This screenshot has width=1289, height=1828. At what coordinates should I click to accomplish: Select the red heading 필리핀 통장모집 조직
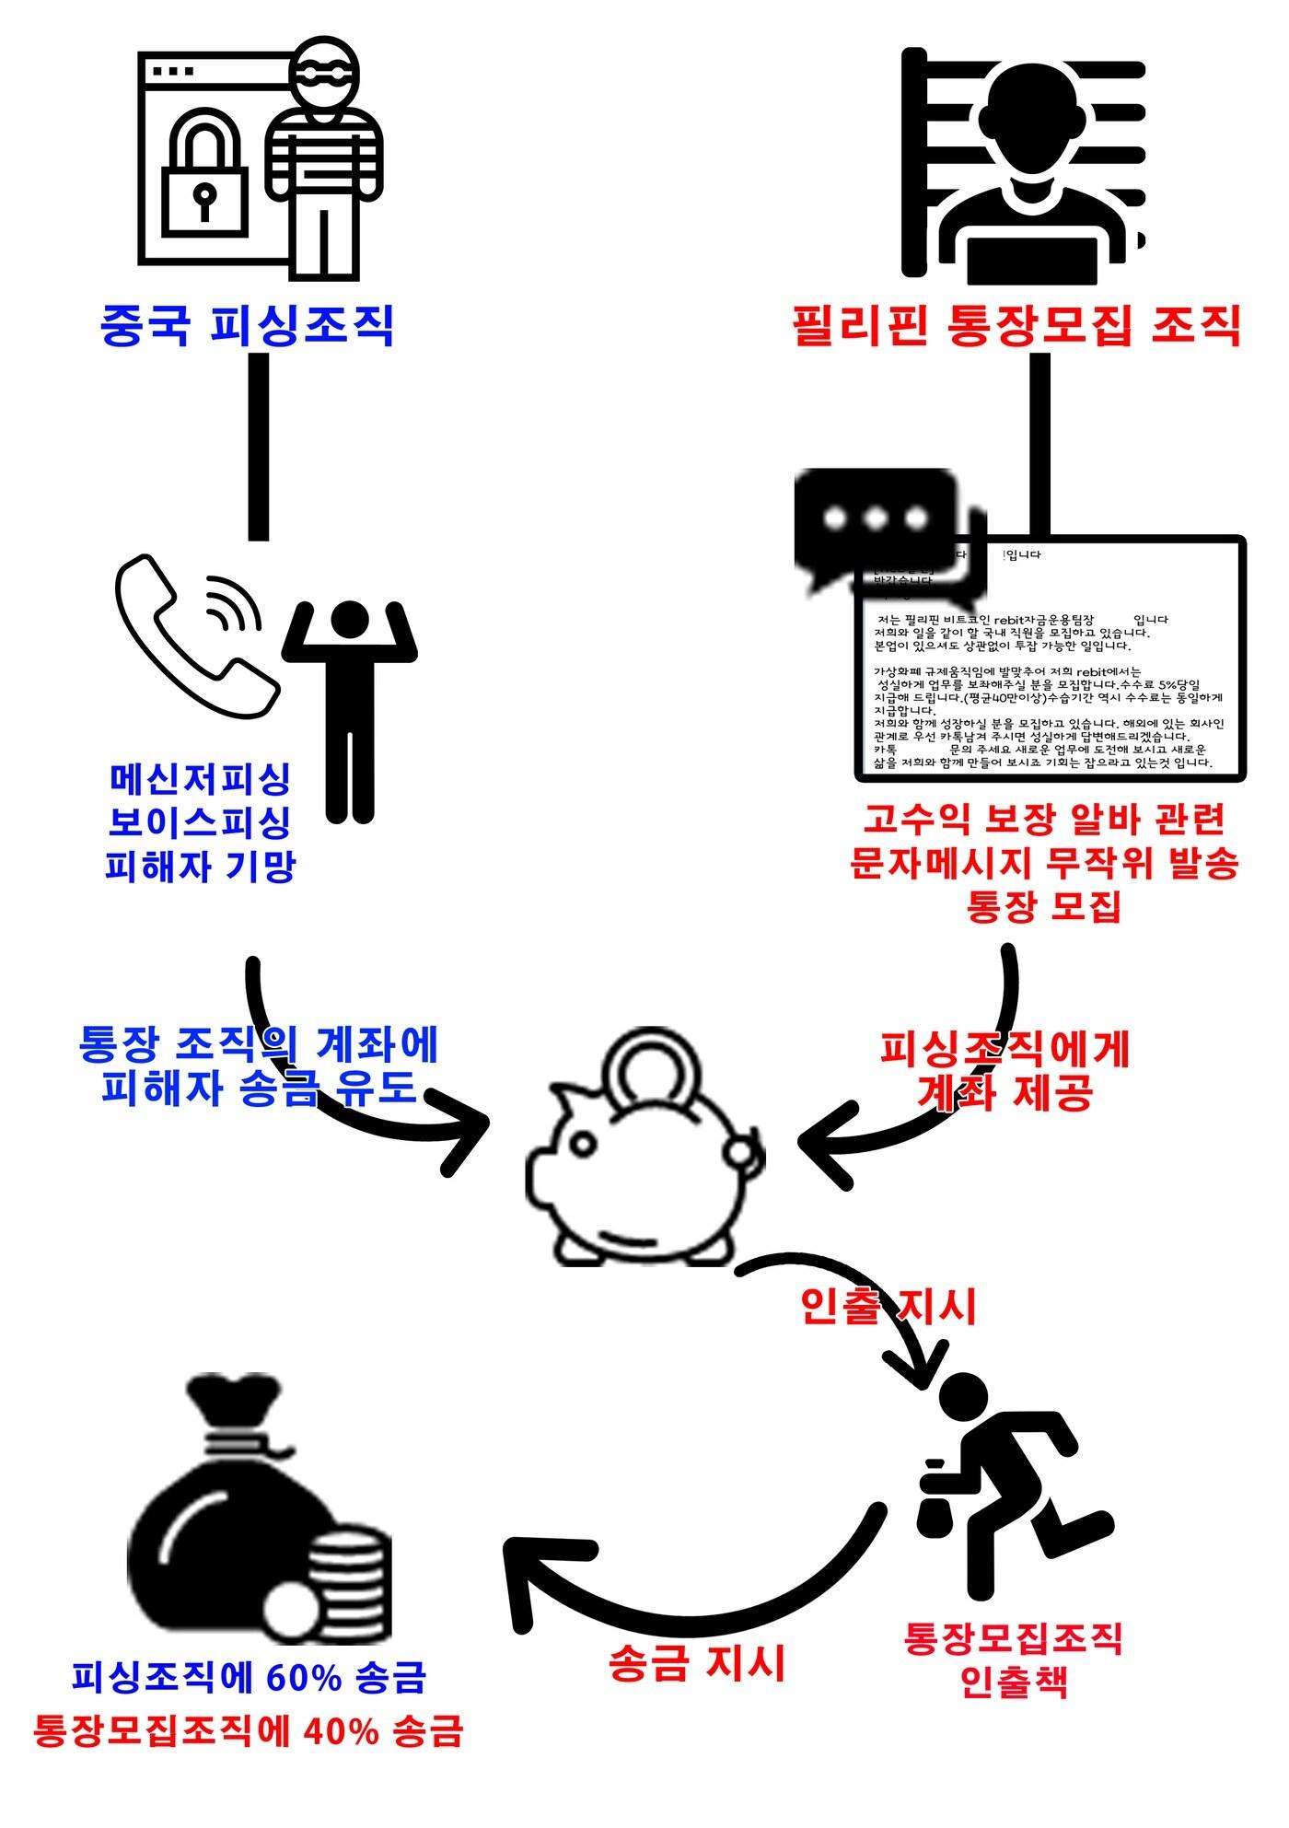click(1016, 324)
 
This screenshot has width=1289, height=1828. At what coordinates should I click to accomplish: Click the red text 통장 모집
click(1043, 907)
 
